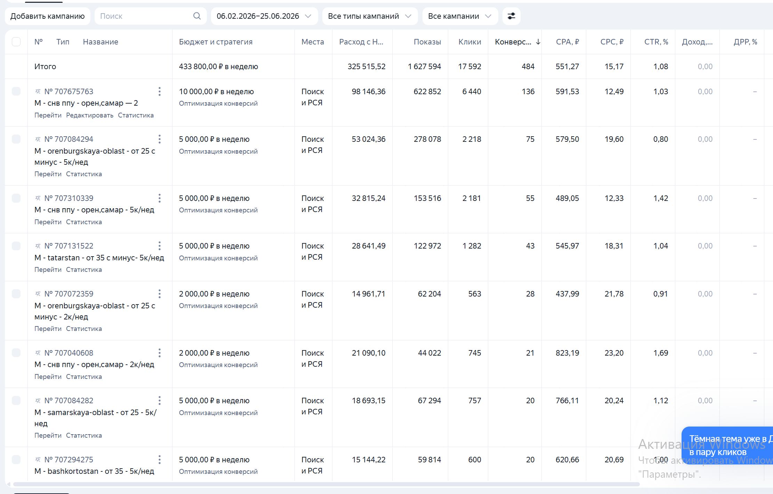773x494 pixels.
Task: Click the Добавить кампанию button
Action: click(48, 16)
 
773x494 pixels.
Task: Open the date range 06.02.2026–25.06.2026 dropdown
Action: click(264, 16)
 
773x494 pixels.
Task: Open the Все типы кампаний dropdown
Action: click(370, 16)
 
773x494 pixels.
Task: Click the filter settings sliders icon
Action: click(511, 16)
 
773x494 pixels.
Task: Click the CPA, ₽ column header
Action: click(567, 42)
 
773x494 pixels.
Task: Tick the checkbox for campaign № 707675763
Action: click(16, 91)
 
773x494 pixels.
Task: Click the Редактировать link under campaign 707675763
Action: click(90, 115)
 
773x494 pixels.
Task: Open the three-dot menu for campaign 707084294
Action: click(160, 139)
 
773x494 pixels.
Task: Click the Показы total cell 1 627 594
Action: click(424, 66)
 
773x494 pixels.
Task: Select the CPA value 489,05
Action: click(567, 198)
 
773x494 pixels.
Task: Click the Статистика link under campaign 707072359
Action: click(84, 329)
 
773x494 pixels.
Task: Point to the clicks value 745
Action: click(474, 353)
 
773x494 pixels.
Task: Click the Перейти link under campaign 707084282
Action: click(48, 435)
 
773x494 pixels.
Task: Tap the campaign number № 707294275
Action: click(69, 460)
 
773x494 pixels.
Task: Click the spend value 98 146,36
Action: click(369, 91)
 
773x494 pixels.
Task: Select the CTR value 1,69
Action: click(661, 353)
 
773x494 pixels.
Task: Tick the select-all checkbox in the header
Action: click(16, 42)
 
